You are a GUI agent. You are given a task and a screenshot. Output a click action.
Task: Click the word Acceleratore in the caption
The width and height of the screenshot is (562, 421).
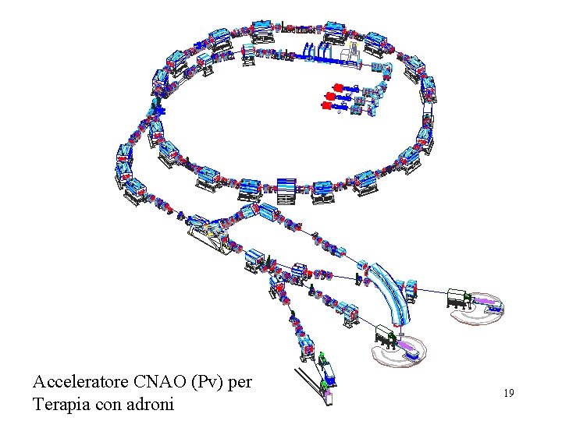[80, 382]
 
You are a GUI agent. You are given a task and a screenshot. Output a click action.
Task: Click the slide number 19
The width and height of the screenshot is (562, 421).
[508, 394]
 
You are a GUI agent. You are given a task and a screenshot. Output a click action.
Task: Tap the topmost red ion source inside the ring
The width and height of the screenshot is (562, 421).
[338, 86]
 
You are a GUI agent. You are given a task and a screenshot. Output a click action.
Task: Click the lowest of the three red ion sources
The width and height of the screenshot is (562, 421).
[326, 104]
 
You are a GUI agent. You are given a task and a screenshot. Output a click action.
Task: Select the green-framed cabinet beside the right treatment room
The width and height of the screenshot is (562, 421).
[457, 297]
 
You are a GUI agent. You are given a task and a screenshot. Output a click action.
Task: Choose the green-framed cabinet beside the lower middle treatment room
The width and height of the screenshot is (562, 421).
[384, 336]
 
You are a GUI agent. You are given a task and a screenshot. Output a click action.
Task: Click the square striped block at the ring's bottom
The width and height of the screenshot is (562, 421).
[286, 189]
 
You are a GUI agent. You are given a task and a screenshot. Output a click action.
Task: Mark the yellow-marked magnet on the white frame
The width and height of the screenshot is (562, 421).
[208, 232]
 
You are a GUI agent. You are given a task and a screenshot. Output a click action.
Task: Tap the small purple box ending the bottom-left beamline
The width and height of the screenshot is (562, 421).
[328, 398]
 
